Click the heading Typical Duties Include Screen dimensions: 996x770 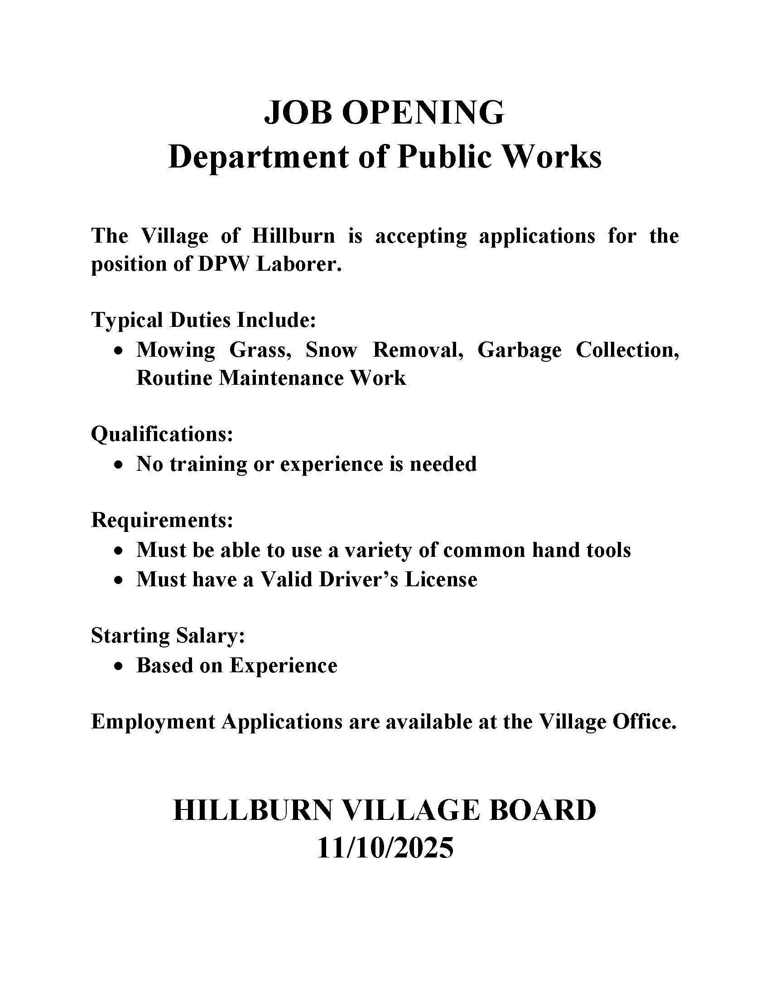(x=203, y=320)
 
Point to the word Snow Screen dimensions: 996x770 (x=331, y=350)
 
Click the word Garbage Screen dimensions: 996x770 (x=520, y=350)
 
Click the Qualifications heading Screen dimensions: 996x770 (x=162, y=434)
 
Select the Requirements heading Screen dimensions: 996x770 (x=162, y=520)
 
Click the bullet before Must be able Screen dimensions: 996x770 (x=119, y=551)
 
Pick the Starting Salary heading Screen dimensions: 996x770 (x=168, y=635)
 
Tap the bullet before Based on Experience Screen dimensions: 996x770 (x=119, y=666)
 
